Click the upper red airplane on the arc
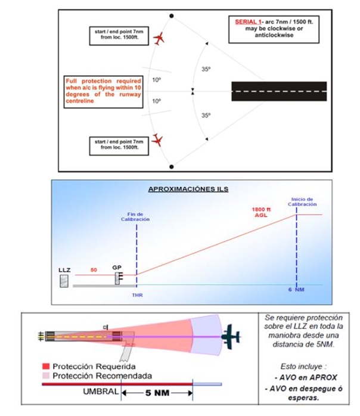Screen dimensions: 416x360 tap(159, 39)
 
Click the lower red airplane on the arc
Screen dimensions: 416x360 tap(158, 141)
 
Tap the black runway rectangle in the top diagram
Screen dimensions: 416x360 tap(279, 91)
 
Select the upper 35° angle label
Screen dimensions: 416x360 tap(206, 69)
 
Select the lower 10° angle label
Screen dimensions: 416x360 tap(156, 101)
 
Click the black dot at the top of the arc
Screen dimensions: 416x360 tap(172, 16)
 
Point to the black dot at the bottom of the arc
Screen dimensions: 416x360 tap(172, 166)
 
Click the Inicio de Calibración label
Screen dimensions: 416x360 tap(302, 201)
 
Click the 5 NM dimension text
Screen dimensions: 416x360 tap(157, 393)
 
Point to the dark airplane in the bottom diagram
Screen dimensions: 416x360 tap(229, 336)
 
